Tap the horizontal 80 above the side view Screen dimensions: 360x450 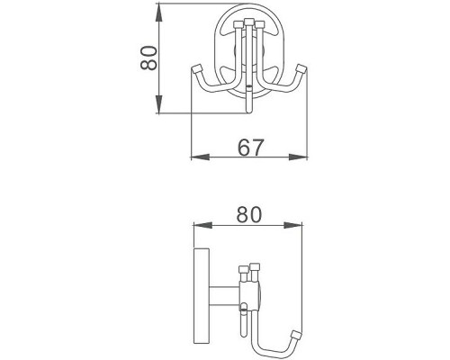click(248, 215)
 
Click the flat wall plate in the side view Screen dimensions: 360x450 click(203, 289)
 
